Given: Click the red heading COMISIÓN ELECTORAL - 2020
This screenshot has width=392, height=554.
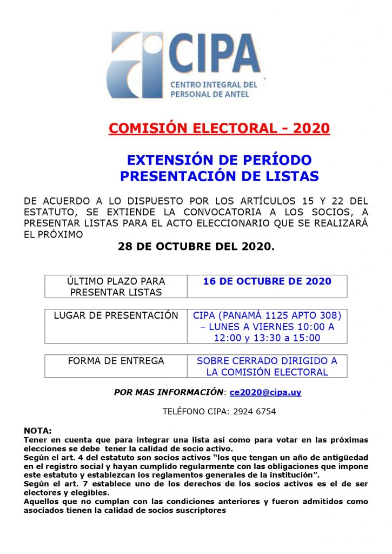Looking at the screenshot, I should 219,128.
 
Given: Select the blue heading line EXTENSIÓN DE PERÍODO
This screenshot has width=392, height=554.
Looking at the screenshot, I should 219,160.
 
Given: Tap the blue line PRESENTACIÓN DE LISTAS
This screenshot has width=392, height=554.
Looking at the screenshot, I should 219,176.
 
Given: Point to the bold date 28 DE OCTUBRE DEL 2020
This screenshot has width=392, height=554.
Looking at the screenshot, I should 196,247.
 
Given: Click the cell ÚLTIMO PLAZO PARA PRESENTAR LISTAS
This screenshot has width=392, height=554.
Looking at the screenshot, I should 116,287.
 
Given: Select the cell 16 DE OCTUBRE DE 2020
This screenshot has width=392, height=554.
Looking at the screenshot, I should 267,282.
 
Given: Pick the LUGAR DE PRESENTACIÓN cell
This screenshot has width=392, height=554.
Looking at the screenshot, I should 116,315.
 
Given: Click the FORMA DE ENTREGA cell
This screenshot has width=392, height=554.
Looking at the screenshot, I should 116,361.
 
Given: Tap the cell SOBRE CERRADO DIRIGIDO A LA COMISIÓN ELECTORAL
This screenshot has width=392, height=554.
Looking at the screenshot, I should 267,366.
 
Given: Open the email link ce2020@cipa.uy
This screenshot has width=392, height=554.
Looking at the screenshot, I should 265,392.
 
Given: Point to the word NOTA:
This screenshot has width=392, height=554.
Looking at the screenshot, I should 38,431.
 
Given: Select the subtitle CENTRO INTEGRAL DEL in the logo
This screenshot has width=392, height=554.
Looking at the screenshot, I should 214,85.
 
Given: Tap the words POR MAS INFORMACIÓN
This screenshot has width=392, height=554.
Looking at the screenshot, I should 169,392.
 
